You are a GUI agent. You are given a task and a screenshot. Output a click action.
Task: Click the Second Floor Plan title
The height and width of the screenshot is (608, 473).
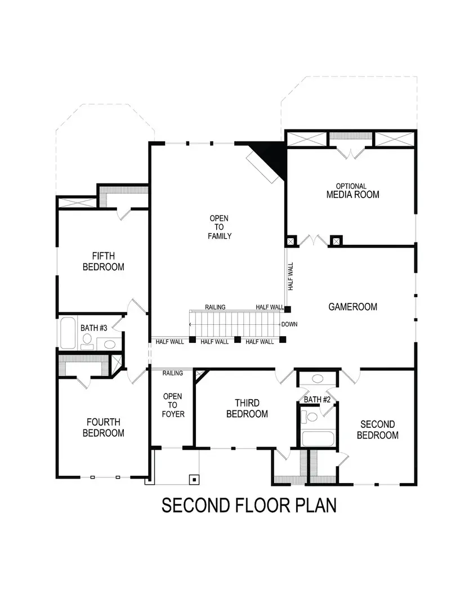point(249,505)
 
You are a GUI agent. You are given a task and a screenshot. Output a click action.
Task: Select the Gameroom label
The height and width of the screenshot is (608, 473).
point(352,307)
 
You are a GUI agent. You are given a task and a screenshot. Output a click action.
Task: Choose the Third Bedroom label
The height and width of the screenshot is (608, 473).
point(247,408)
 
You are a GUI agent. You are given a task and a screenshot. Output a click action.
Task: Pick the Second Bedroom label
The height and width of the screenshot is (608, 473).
point(377,430)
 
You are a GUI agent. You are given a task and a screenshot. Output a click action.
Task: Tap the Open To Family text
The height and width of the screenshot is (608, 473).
point(220,227)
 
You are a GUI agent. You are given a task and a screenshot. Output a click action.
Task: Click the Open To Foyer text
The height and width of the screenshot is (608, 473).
point(172,405)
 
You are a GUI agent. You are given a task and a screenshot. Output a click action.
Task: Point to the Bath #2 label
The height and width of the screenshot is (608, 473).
point(317,399)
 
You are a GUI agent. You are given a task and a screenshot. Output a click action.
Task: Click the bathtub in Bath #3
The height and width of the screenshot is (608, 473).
point(68,333)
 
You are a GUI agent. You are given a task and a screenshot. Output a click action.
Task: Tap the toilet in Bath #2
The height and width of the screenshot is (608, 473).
point(310,417)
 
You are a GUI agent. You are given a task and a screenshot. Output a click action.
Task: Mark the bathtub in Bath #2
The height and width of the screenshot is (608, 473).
point(318,438)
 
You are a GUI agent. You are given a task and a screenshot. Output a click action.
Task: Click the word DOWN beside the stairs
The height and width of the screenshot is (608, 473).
point(289,324)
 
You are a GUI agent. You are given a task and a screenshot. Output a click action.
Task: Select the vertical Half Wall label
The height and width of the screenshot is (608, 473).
point(291,276)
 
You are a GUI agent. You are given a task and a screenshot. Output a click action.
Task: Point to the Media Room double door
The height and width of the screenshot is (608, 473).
point(314,240)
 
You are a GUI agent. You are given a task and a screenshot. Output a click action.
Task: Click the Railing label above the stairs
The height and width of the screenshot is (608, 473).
point(215,307)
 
